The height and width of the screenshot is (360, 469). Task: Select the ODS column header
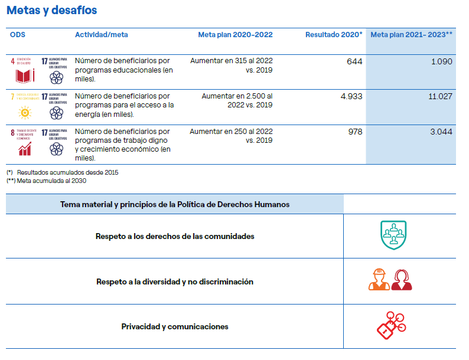click(x=18, y=35)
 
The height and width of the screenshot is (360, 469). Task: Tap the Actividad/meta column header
click(x=101, y=35)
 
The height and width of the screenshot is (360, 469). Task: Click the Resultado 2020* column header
click(x=334, y=35)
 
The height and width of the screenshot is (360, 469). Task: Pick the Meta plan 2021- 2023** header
click(x=411, y=35)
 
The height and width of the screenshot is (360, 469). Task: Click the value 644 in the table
click(x=354, y=61)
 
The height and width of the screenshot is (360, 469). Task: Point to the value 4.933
click(x=351, y=96)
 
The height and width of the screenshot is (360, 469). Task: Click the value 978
click(x=355, y=132)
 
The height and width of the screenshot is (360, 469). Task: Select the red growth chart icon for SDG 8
click(x=25, y=148)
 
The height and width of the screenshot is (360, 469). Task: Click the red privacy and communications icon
click(x=392, y=325)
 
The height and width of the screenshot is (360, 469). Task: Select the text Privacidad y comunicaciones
click(x=175, y=326)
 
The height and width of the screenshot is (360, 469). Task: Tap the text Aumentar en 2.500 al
click(x=237, y=96)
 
